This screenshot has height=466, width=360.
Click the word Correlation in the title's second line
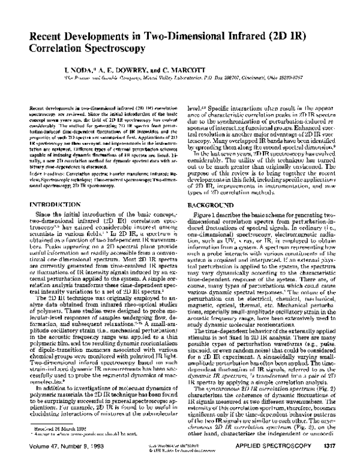tap(55, 52)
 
